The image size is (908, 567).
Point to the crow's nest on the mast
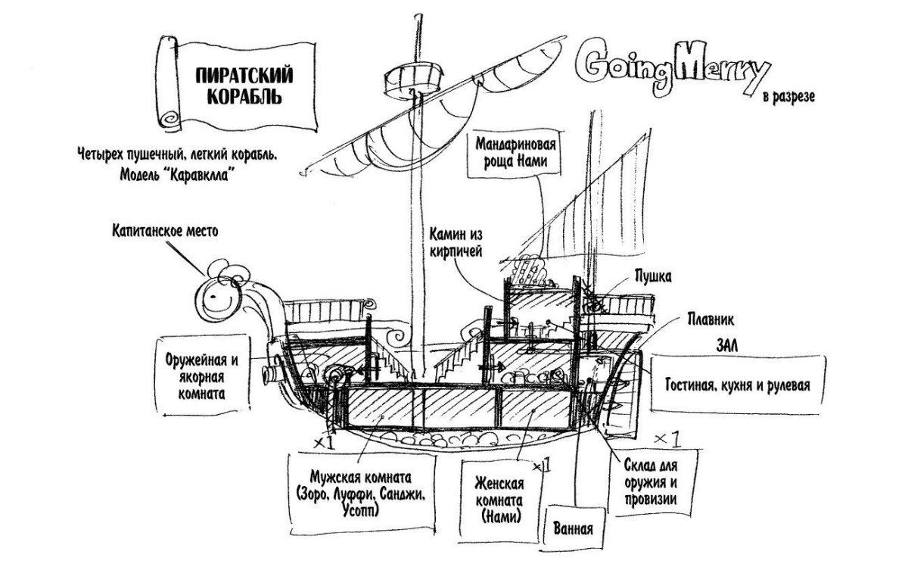click(x=414, y=79)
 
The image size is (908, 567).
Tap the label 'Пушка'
click(x=653, y=277)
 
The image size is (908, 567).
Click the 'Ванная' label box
click(x=574, y=528)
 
